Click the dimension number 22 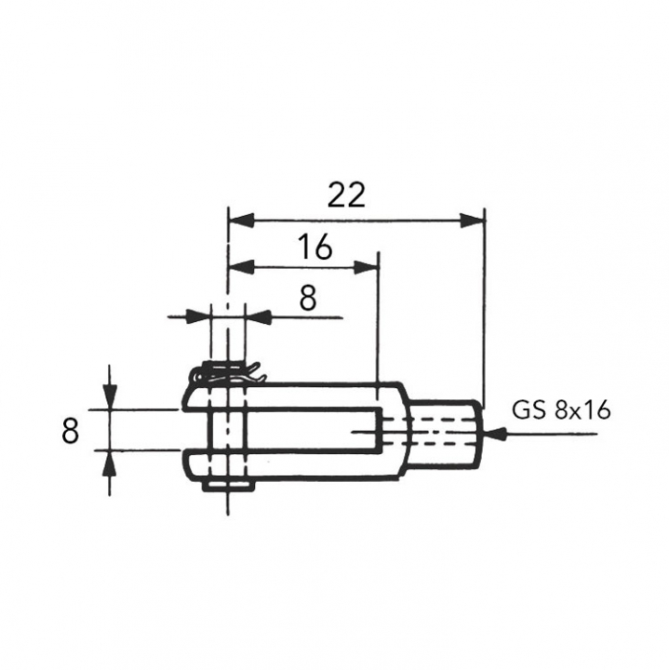click(346, 194)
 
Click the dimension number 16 click(314, 247)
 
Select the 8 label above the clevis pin click(308, 298)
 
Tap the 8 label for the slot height click(70, 431)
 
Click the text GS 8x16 click(561, 411)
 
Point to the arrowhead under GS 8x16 click(495, 435)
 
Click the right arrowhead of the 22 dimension click(473, 221)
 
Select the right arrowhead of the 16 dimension click(367, 267)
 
